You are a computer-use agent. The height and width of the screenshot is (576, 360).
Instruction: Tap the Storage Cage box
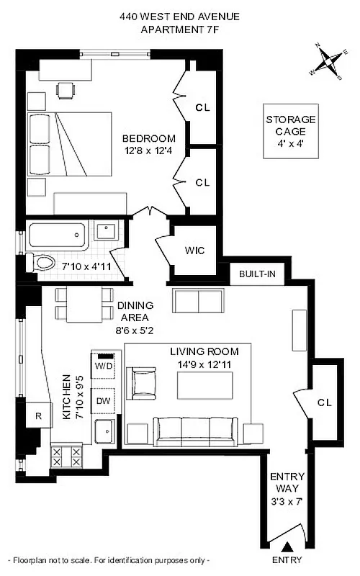tap(290, 131)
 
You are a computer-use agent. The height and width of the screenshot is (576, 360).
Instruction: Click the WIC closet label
tap(194, 251)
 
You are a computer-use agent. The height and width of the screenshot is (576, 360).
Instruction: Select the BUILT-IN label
tap(258, 275)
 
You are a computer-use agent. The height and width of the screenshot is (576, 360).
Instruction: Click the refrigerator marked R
tap(38, 415)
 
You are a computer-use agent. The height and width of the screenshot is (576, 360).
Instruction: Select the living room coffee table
tap(206, 384)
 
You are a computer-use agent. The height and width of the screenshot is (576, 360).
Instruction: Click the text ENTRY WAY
tap(287, 482)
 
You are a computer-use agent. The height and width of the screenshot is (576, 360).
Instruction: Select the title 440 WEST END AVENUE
tap(179, 17)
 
